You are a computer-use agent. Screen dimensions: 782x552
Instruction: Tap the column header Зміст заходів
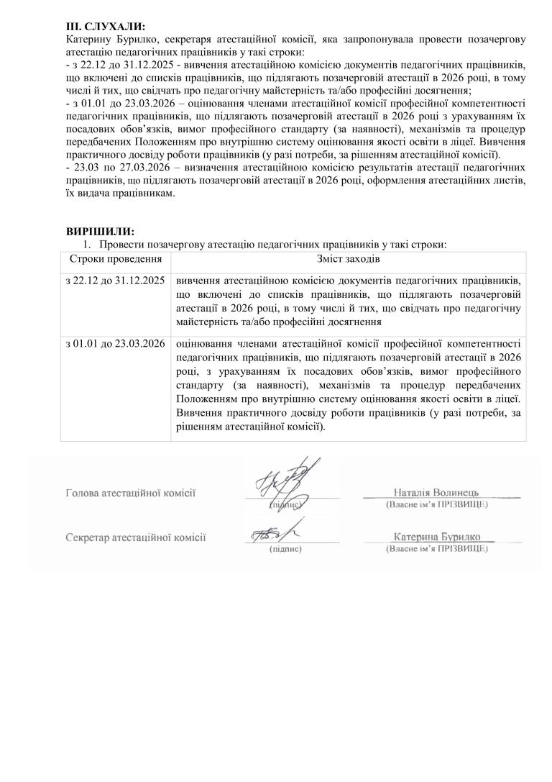(x=348, y=258)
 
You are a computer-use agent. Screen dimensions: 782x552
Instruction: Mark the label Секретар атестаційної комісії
(x=135, y=537)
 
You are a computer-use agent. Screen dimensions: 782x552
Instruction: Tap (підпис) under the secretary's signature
(x=285, y=549)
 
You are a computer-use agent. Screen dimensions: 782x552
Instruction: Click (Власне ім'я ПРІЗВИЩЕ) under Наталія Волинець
(x=437, y=505)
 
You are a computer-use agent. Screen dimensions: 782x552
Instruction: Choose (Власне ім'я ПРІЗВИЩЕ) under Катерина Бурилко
(x=437, y=548)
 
